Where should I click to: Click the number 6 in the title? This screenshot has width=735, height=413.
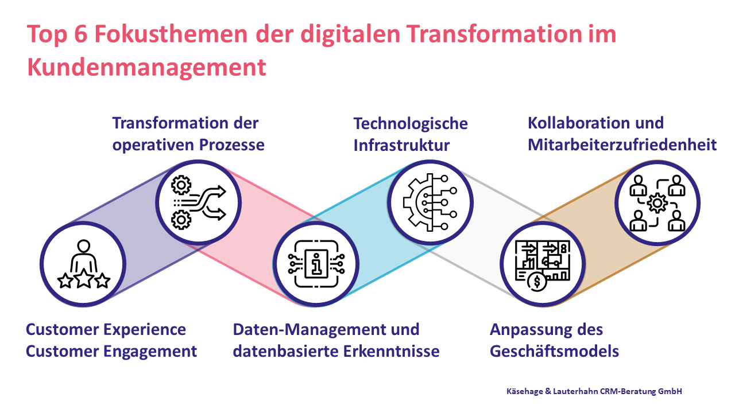(81, 34)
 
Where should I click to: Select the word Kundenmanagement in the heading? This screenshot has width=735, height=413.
(146, 68)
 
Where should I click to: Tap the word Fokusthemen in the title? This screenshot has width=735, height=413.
(171, 34)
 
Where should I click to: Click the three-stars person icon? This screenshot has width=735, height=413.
(84, 264)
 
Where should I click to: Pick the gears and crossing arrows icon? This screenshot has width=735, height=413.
(199, 202)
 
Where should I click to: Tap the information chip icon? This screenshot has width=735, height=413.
(316, 264)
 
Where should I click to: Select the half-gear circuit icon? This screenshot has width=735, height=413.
(430, 202)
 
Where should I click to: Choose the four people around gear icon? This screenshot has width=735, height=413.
(657, 203)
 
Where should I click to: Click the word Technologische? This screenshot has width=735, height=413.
(411, 124)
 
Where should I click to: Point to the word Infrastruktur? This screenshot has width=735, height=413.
(401, 145)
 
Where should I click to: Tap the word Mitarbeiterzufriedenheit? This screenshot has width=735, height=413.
(622, 145)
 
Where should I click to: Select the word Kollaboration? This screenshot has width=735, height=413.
(578, 123)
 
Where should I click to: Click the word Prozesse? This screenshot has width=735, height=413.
(231, 145)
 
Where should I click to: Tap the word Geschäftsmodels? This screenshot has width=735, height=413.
(554, 352)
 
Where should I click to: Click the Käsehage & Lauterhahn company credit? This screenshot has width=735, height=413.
(594, 391)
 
